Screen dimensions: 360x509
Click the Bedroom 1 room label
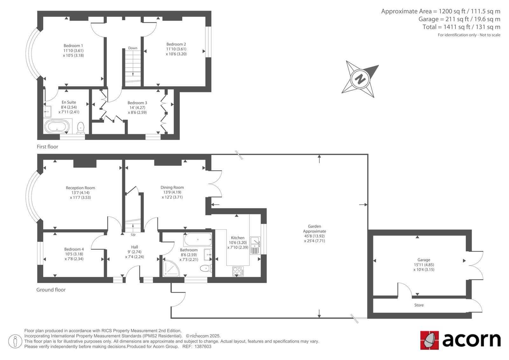click(73, 46)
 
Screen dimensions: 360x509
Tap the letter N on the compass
click(360, 79)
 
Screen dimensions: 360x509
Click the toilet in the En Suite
click(81, 128)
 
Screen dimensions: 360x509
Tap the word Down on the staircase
click(133, 48)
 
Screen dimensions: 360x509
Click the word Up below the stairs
click(133, 235)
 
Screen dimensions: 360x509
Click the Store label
click(419, 305)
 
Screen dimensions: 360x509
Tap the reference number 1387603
click(203, 347)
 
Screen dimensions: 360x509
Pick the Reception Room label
click(80, 188)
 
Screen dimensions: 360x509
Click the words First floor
click(47, 147)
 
